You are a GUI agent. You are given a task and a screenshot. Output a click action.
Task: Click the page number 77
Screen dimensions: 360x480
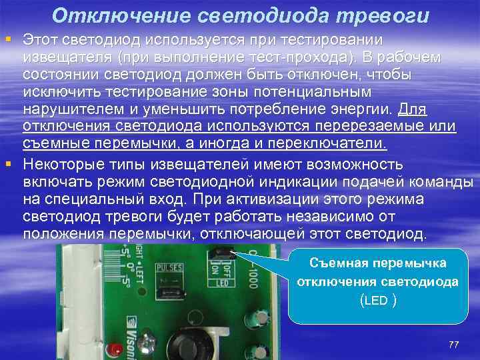tap(454, 344)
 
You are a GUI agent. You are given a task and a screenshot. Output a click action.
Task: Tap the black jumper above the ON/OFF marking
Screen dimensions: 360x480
tap(221, 253)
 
